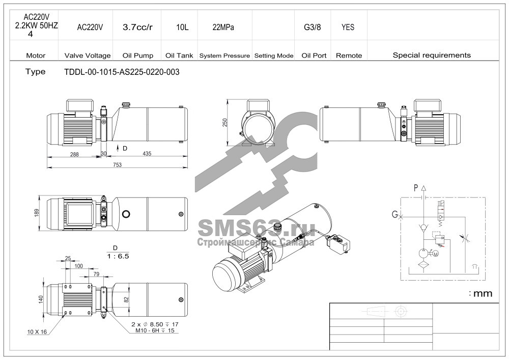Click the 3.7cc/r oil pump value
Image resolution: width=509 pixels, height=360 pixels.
point(137,27)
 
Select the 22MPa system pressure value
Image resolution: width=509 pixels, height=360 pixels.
point(223,27)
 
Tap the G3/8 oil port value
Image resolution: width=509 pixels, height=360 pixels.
point(313,27)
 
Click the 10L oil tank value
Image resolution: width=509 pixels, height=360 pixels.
point(182,27)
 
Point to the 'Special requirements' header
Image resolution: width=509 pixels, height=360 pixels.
point(432,55)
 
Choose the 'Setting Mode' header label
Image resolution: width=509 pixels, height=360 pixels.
point(274,56)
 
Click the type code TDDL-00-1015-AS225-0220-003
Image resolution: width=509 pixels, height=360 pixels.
point(122,72)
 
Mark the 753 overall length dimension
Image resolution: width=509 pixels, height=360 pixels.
point(117,165)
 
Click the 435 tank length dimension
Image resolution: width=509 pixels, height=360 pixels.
point(147,154)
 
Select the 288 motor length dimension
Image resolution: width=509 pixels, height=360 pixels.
point(74,154)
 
